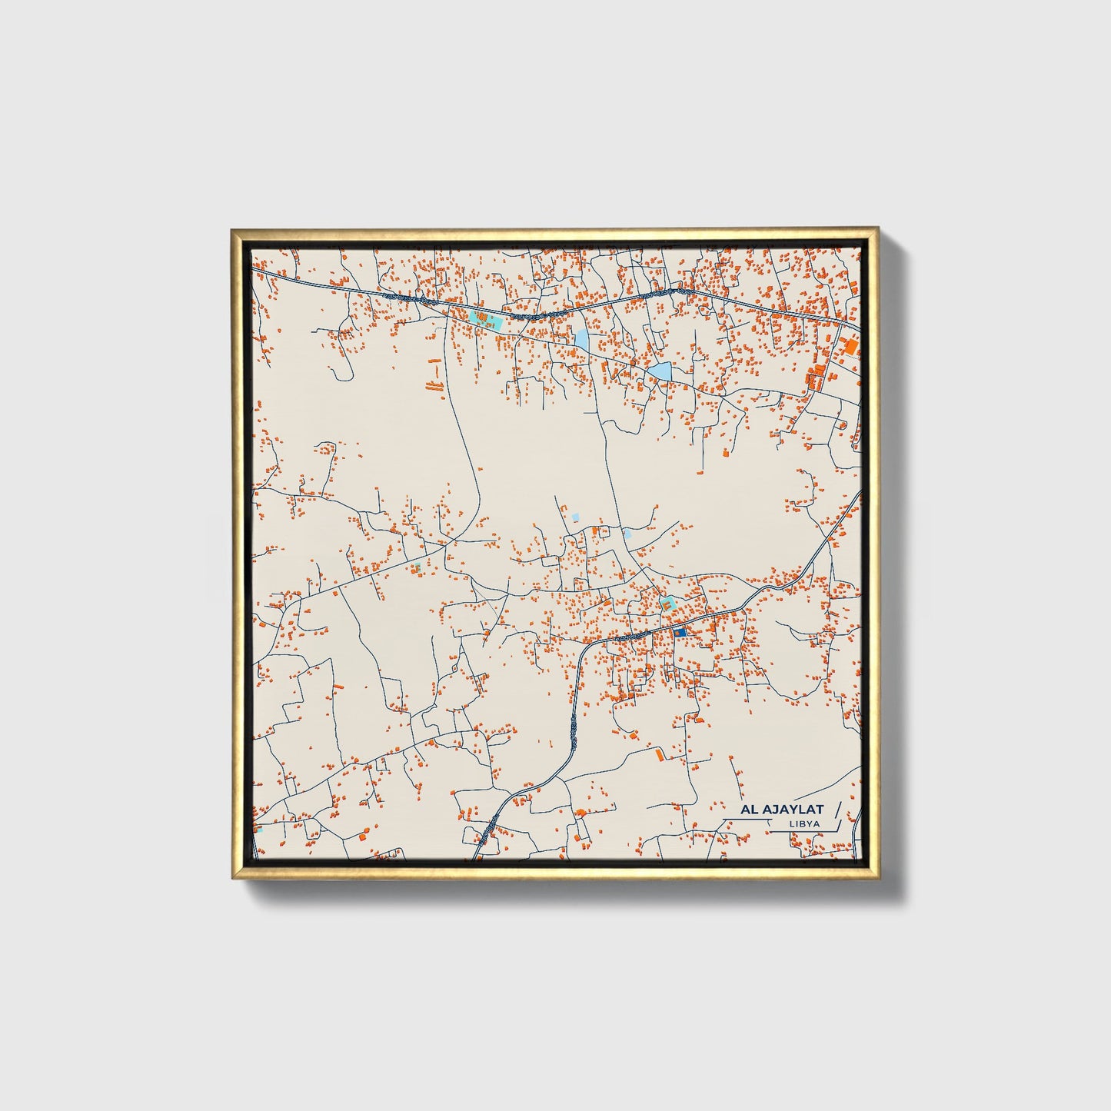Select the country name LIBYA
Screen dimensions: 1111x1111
[803, 823]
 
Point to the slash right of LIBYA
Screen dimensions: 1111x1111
[835, 824]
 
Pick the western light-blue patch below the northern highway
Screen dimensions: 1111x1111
[581, 338]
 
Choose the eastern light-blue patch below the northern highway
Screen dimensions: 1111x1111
[659, 372]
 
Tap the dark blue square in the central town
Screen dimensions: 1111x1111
[680, 632]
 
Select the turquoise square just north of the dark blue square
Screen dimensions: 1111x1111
[667, 604]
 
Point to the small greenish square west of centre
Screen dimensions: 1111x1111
[417, 567]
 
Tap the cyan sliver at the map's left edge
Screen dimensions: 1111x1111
[258, 830]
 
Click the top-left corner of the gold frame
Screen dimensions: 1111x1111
[231, 229]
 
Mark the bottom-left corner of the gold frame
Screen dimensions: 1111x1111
[231, 877]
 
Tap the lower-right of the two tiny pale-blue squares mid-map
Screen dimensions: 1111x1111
[627, 533]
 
